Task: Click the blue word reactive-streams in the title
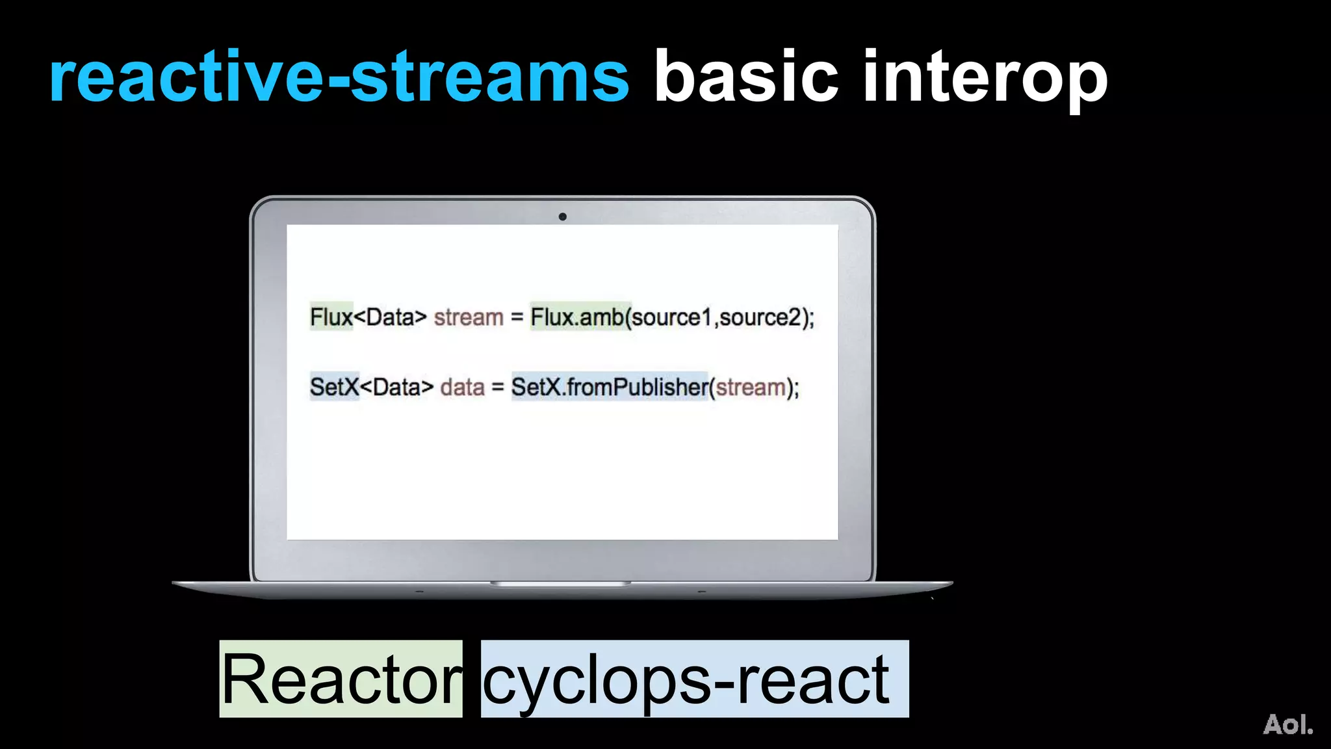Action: pos(339,78)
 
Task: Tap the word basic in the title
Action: pos(746,78)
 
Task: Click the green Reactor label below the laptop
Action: pos(341,679)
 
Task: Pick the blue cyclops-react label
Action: pos(694,679)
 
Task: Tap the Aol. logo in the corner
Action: pos(1287,724)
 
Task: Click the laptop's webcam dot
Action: pos(562,217)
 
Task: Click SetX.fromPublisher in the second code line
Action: pos(609,388)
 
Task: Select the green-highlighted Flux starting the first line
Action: pos(331,317)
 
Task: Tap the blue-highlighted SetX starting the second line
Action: pos(334,388)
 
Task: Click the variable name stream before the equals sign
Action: pos(469,317)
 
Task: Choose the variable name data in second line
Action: pos(462,388)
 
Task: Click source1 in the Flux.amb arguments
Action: pos(672,317)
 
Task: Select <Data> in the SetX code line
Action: pos(396,388)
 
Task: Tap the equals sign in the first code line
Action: pos(517,318)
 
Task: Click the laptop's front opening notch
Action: pos(560,584)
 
